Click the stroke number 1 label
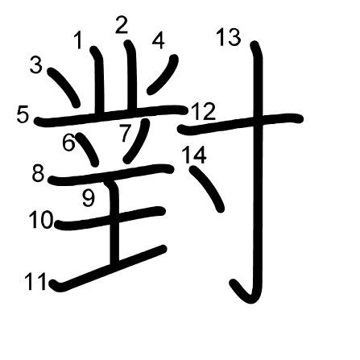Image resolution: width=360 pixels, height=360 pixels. click(x=78, y=40)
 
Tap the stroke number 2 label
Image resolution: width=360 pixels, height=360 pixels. click(x=122, y=25)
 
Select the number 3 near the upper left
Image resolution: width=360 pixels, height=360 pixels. click(x=36, y=65)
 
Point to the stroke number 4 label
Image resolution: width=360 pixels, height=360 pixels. click(x=159, y=41)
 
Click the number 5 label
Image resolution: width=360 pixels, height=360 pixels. click(x=23, y=114)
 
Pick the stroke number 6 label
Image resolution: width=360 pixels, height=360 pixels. click(x=68, y=142)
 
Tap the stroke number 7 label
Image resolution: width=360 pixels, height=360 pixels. click(x=125, y=133)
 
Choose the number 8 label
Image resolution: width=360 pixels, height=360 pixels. click(x=38, y=173)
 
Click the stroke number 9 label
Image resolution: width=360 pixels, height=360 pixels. click(x=89, y=199)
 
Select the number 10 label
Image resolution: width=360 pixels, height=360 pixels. click(x=41, y=219)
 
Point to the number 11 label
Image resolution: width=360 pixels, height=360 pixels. click(x=35, y=282)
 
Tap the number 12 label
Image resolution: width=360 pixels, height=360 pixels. click(x=204, y=111)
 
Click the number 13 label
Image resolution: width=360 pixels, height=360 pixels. click(x=229, y=37)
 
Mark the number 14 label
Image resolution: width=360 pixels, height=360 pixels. click(x=194, y=155)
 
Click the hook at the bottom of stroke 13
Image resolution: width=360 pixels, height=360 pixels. click(x=243, y=293)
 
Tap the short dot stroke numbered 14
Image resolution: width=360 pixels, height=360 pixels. click(x=207, y=188)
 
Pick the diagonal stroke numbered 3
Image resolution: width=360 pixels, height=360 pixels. click(x=64, y=87)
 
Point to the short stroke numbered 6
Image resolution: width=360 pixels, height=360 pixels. click(x=87, y=149)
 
